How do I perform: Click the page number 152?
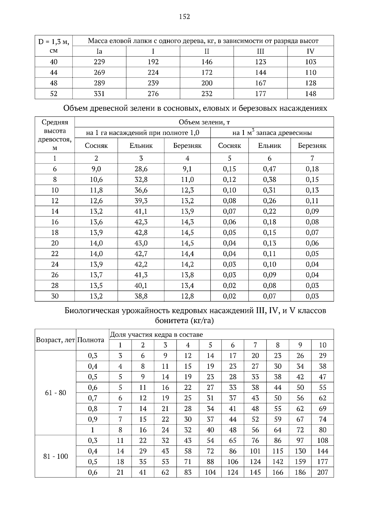[x=184, y=17]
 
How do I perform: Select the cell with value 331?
[x=99, y=94]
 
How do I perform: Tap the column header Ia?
[x=99, y=51]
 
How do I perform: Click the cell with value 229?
[x=99, y=62]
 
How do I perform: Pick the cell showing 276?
[x=153, y=94]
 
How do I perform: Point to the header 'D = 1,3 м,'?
[x=54, y=41]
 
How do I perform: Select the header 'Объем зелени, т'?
[x=204, y=122]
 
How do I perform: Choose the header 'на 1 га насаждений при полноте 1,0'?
[x=143, y=133]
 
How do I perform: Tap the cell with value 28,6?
[x=141, y=169]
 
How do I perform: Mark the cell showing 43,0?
[x=141, y=243]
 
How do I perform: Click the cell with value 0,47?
[x=270, y=169]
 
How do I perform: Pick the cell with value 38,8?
[x=141, y=296]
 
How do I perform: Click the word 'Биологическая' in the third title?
[x=91, y=311]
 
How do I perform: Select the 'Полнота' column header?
[x=91, y=340]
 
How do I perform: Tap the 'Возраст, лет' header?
[x=55, y=340]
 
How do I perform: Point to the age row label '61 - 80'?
[x=55, y=393]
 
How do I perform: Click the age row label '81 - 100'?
[x=55, y=457]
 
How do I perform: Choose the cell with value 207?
[x=323, y=473]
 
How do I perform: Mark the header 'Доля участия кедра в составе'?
[x=157, y=335]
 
